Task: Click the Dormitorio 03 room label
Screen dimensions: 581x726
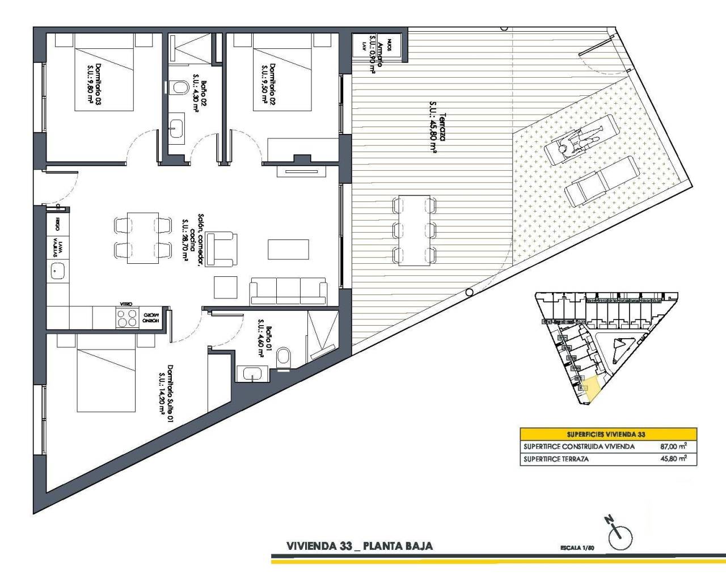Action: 94,86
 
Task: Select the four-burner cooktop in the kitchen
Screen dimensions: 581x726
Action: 126,317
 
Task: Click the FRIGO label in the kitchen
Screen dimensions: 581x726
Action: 57,222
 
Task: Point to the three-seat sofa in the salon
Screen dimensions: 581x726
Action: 289,290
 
